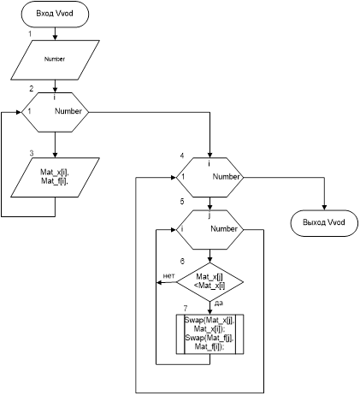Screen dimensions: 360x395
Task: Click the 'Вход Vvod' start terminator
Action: point(55,14)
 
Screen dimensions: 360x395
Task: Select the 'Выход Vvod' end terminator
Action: point(324,223)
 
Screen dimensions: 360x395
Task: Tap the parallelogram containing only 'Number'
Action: point(55,60)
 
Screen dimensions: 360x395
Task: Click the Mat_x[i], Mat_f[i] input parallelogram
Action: point(55,177)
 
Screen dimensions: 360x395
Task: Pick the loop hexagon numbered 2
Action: point(56,112)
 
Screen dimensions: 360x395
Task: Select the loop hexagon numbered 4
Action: point(210,177)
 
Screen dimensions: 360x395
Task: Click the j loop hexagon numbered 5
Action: point(210,230)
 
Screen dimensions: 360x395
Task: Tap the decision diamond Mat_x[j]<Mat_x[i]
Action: point(210,282)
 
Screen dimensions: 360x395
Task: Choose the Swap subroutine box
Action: point(210,334)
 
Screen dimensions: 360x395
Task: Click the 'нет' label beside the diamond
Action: point(168,275)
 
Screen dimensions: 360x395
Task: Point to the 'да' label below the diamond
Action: point(218,304)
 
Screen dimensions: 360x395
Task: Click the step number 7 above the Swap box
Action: point(186,309)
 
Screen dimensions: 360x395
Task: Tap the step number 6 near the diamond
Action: point(182,261)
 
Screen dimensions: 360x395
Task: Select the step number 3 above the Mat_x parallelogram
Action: point(32,153)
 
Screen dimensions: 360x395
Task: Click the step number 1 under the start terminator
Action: point(30,34)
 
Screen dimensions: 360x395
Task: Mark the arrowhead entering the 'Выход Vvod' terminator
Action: point(324,208)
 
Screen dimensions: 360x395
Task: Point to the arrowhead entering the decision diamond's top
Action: point(210,260)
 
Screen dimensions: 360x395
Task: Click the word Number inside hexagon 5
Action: point(224,228)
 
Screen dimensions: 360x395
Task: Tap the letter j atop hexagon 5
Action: point(210,215)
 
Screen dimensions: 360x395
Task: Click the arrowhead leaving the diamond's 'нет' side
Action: point(159,282)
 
